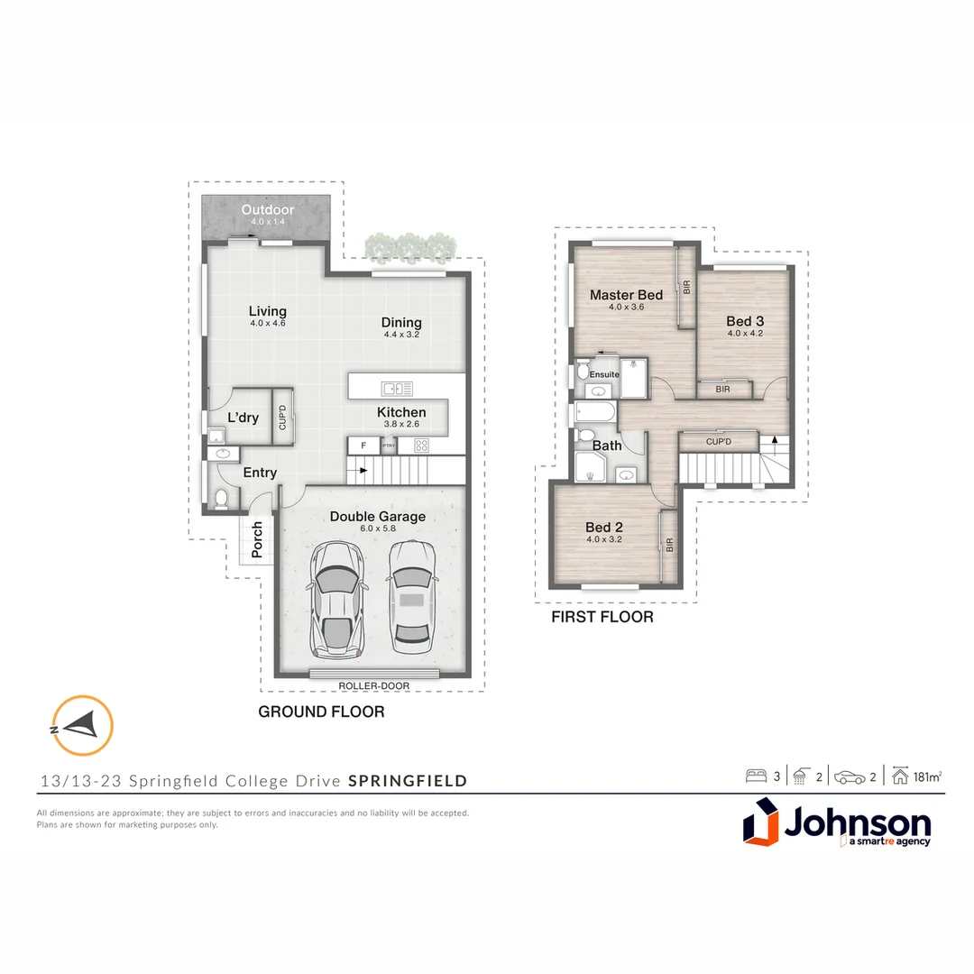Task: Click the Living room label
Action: point(267,311)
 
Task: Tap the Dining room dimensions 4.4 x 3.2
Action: point(401,335)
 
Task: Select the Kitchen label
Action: point(401,412)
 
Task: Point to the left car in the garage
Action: point(338,600)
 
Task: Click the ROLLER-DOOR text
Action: point(374,686)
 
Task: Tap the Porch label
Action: point(257,539)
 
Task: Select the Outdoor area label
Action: point(267,210)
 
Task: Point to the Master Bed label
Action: point(626,295)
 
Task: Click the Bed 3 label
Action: point(745,321)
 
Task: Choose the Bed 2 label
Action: point(604,528)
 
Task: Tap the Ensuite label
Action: point(605,374)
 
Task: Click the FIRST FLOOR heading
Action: point(602,618)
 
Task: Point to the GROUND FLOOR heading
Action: point(321,712)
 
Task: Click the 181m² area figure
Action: point(928,776)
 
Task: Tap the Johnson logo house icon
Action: point(760,825)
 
